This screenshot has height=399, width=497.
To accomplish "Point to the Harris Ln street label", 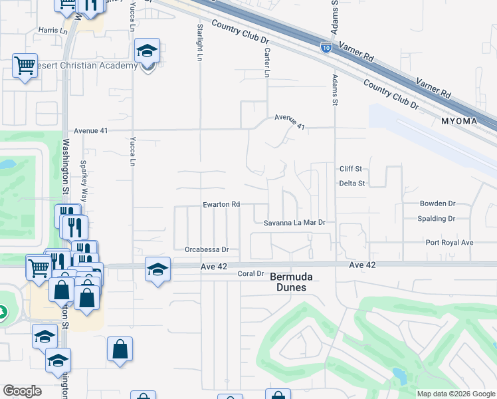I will click(53, 31).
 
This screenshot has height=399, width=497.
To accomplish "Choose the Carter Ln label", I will click(267, 63).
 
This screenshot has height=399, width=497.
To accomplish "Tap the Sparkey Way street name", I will click(84, 181).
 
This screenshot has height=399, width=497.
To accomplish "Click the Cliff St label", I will click(350, 169).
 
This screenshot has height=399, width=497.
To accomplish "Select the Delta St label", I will click(352, 183).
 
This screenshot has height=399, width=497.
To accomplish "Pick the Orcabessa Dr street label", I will click(207, 250).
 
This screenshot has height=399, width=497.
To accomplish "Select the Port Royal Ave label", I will click(450, 243).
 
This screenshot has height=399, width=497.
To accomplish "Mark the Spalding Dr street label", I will click(437, 218).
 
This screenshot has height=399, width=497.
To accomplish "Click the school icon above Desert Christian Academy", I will click(147, 50).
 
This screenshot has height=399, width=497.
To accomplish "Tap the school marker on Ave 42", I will click(157, 269).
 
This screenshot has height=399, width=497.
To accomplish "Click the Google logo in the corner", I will click(22, 391).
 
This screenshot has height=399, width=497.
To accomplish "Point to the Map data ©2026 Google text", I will click(455, 394).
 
